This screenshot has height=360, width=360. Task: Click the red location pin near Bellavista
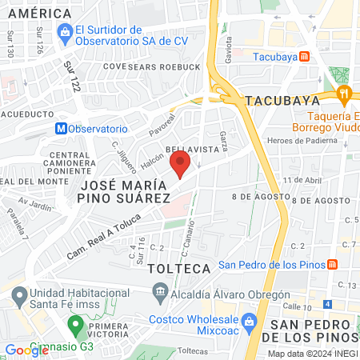pyautogui.click(x=180, y=165)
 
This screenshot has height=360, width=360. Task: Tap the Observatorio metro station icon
pyautogui.click(x=61, y=128)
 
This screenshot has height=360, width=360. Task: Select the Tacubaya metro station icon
pyautogui.click(x=304, y=57)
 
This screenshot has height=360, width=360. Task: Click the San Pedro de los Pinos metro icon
pyautogui.click(x=333, y=266)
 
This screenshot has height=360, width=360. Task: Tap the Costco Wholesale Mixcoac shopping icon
pyautogui.click(x=249, y=321)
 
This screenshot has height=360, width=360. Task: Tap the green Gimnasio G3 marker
pyautogui.click(x=76, y=325)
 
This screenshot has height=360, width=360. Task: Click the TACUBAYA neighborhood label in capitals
pyautogui.click(x=282, y=101)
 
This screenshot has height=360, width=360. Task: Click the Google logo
pyautogui.click(x=26, y=350)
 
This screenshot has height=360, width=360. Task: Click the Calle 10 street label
pyautogui.click(x=295, y=308)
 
